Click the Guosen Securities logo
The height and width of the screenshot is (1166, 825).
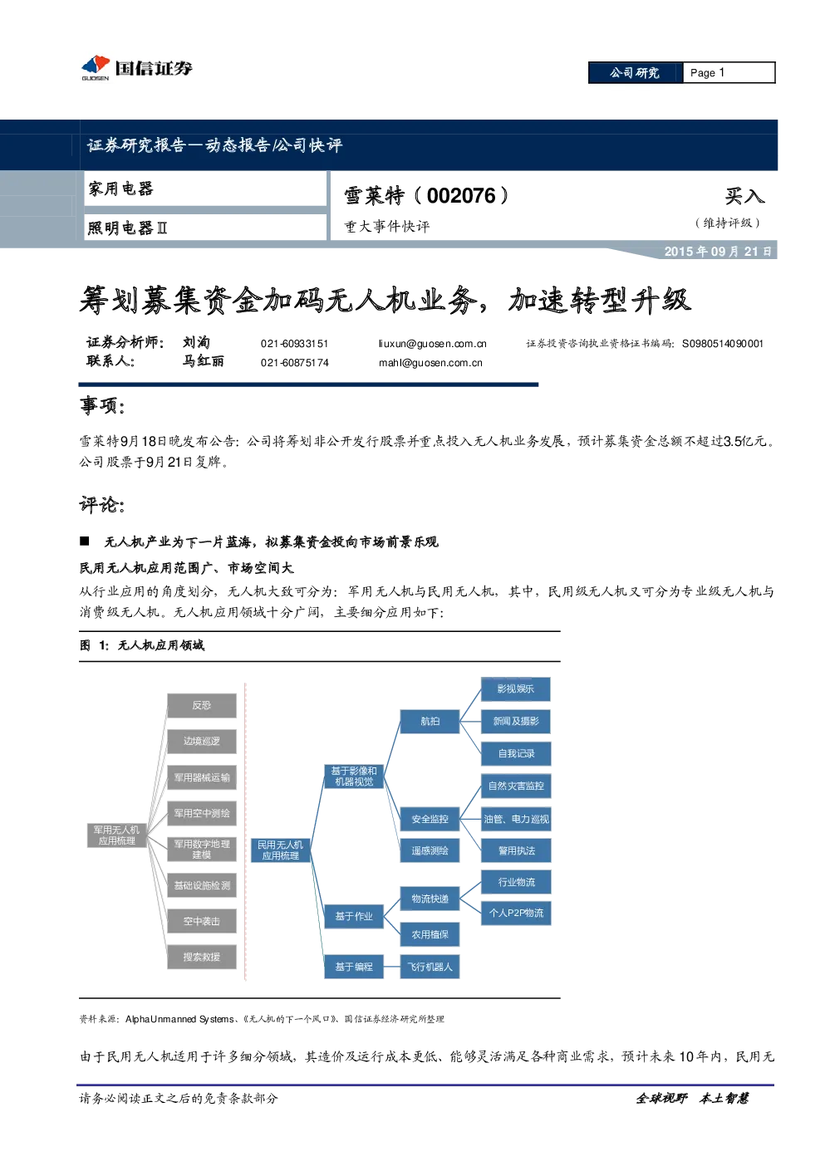[x=136, y=67]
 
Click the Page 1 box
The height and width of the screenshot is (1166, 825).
[x=729, y=73]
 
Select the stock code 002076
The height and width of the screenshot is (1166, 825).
[x=461, y=196]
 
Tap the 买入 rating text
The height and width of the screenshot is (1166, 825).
[x=744, y=196]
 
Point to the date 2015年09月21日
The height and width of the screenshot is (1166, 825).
[x=718, y=252]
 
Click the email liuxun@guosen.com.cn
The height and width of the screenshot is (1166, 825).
[x=432, y=344]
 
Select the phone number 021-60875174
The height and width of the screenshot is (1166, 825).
[x=294, y=363]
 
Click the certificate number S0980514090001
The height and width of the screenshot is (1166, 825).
[x=723, y=344]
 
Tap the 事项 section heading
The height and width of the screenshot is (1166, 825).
[x=102, y=405]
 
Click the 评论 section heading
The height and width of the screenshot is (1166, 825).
[x=102, y=504]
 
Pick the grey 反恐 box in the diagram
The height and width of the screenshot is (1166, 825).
[x=202, y=705]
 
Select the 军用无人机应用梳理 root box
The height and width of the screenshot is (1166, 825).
[x=116, y=835]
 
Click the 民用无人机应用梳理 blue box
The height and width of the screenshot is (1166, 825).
[x=281, y=850]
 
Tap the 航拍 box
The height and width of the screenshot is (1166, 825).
[x=430, y=722]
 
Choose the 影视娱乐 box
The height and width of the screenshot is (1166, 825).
[x=516, y=689]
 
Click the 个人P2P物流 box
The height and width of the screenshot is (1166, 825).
[x=516, y=913]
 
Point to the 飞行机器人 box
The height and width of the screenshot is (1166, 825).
[x=430, y=967]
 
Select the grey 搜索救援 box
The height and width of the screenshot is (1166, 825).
[x=202, y=957]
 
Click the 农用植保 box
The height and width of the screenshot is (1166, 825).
[x=430, y=934]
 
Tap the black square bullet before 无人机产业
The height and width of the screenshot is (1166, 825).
[x=85, y=541]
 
